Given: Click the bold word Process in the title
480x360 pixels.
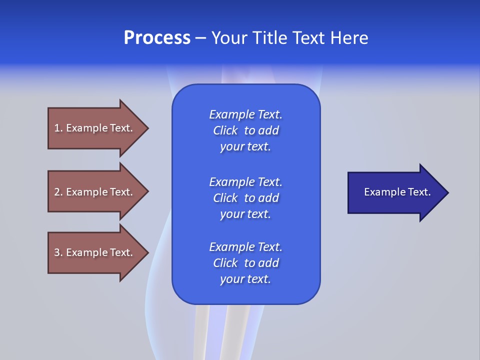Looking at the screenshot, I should click(157, 38).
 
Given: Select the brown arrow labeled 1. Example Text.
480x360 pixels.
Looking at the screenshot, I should click(95, 128).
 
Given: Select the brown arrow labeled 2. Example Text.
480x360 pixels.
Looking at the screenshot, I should click(95, 192).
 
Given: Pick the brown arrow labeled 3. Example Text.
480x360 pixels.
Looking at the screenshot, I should click(95, 252).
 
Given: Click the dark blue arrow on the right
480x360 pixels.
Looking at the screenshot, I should click(395, 192).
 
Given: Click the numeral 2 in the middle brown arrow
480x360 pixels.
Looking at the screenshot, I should click(57, 192).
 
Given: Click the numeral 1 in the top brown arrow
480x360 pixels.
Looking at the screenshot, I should click(57, 128).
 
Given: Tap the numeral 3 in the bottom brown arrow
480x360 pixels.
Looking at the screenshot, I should click(57, 252).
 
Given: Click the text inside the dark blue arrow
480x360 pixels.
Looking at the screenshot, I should click(397, 192).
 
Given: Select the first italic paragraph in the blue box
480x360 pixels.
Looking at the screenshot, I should click(245, 130).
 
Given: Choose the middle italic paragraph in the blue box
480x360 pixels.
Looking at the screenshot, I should click(245, 197).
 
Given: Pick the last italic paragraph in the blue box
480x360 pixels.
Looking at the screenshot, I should click(245, 263).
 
